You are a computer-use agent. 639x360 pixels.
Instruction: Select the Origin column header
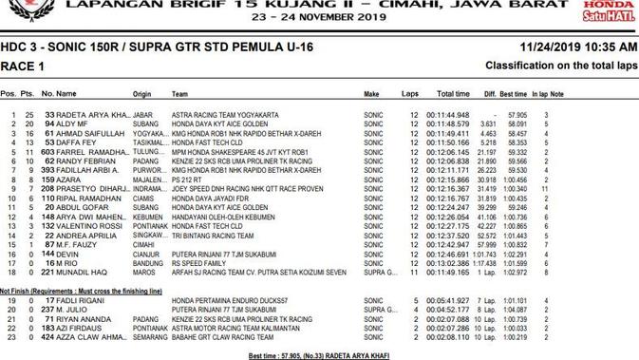[x=142, y=95]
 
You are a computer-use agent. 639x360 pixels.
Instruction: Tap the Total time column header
[x=452, y=95]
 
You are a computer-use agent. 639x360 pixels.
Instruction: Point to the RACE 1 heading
[x=22, y=66]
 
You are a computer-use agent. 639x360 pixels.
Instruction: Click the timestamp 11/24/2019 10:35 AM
[x=578, y=47]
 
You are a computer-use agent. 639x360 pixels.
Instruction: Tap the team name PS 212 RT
[x=189, y=180]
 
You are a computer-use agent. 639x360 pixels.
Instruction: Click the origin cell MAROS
[x=143, y=273]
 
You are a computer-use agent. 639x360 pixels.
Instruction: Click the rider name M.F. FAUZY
[x=80, y=244]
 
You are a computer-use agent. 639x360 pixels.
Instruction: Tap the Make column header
[x=372, y=95]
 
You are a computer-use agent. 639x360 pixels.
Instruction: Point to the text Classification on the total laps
[x=560, y=66]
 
